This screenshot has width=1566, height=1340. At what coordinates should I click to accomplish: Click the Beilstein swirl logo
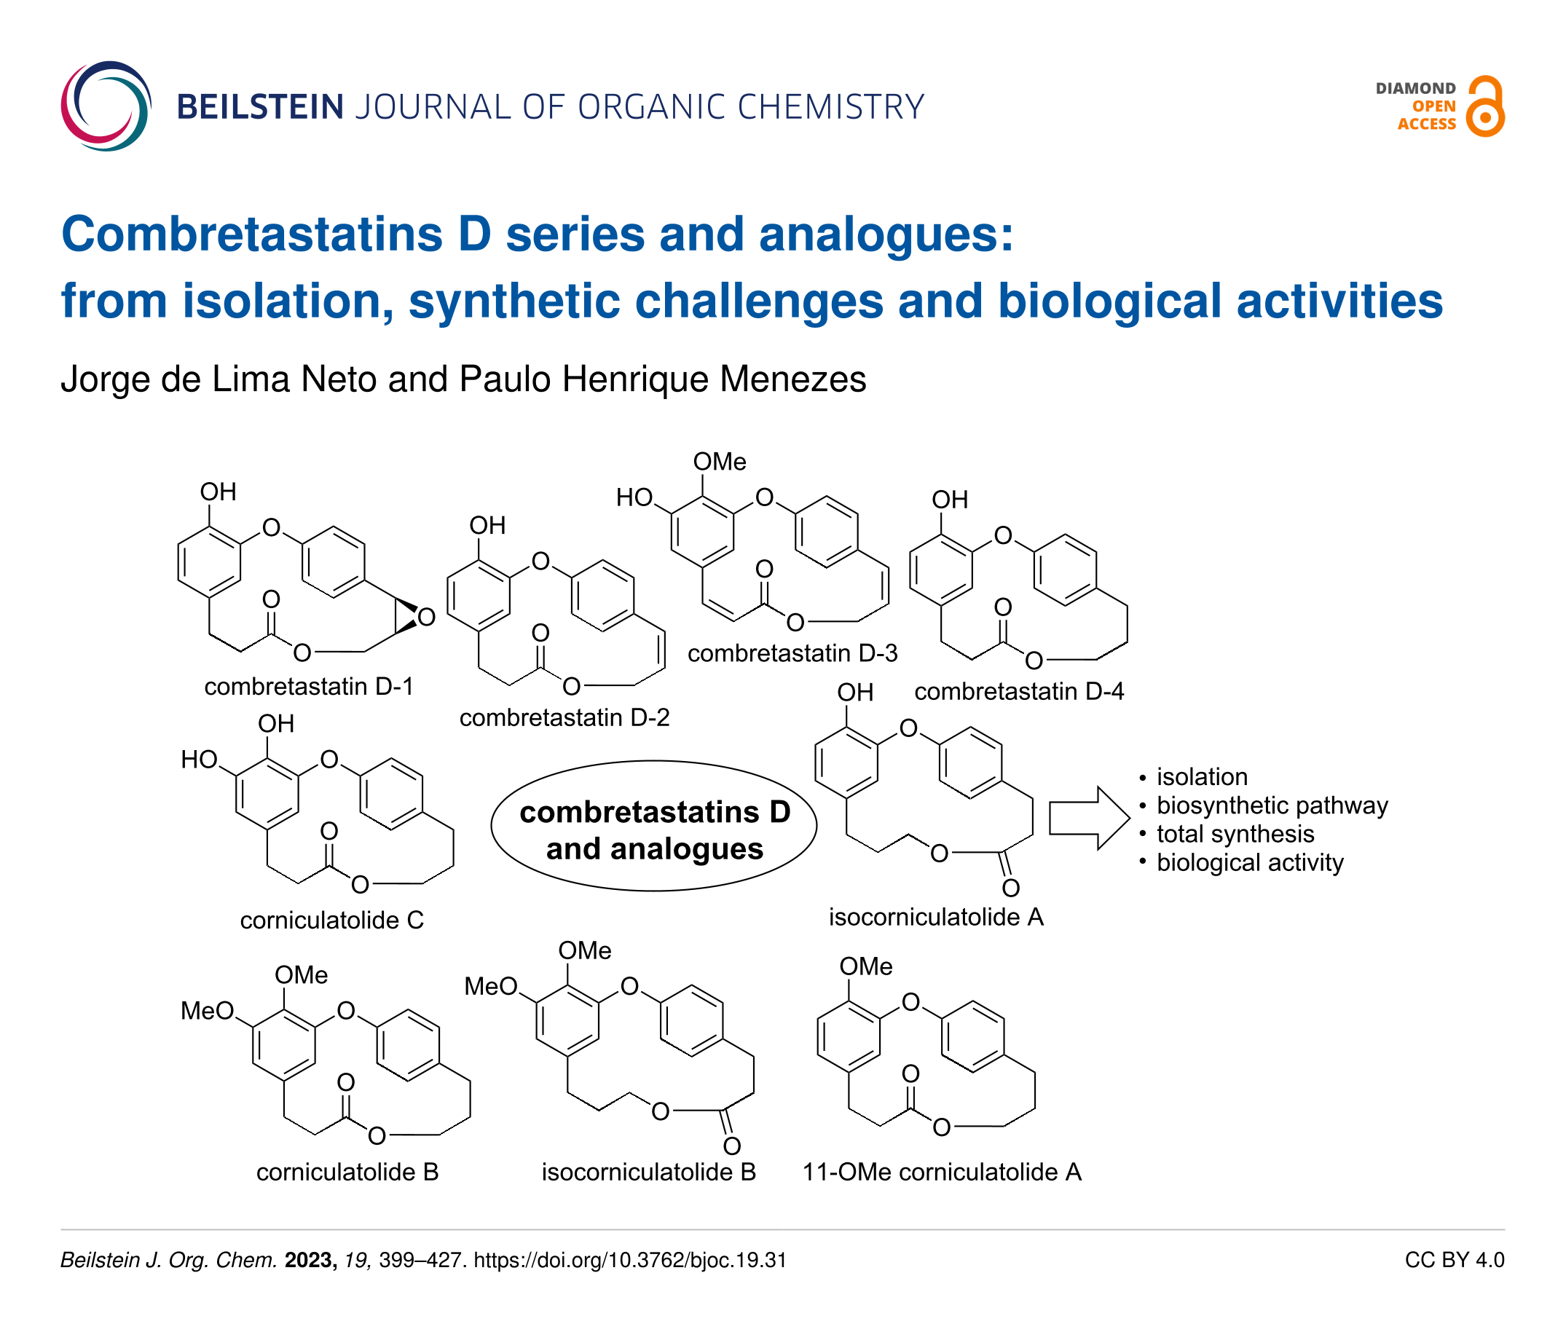(106, 106)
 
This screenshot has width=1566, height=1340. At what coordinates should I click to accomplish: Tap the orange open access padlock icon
(1484, 106)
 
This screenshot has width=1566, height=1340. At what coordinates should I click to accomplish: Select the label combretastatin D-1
(308, 686)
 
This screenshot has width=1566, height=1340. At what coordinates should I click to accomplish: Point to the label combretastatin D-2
(564, 717)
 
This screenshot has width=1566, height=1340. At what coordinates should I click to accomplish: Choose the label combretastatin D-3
(792, 653)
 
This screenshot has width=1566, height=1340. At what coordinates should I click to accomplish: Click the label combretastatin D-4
(1019, 691)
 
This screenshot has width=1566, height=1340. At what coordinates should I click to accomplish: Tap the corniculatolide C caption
(332, 920)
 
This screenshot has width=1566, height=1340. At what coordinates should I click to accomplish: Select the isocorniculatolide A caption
(936, 917)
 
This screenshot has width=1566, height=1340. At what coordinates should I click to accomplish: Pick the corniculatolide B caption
(347, 1172)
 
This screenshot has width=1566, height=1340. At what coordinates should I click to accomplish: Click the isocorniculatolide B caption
(648, 1172)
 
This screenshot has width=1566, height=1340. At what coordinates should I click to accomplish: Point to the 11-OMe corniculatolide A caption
(942, 1172)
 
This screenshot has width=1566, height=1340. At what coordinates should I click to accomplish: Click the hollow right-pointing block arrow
(1089, 818)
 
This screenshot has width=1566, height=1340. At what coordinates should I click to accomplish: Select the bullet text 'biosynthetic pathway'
(1272, 805)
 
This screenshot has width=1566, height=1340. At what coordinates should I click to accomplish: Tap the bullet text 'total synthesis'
(1235, 834)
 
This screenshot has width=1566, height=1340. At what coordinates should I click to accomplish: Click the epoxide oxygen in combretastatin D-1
(426, 618)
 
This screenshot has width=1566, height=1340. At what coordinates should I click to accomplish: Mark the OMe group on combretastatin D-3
(720, 462)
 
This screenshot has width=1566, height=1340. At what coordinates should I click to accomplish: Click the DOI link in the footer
(629, 1260)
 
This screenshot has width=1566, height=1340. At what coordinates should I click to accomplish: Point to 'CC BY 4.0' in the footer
(1454, 1260)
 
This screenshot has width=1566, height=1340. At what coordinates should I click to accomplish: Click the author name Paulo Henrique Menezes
(662, 379)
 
